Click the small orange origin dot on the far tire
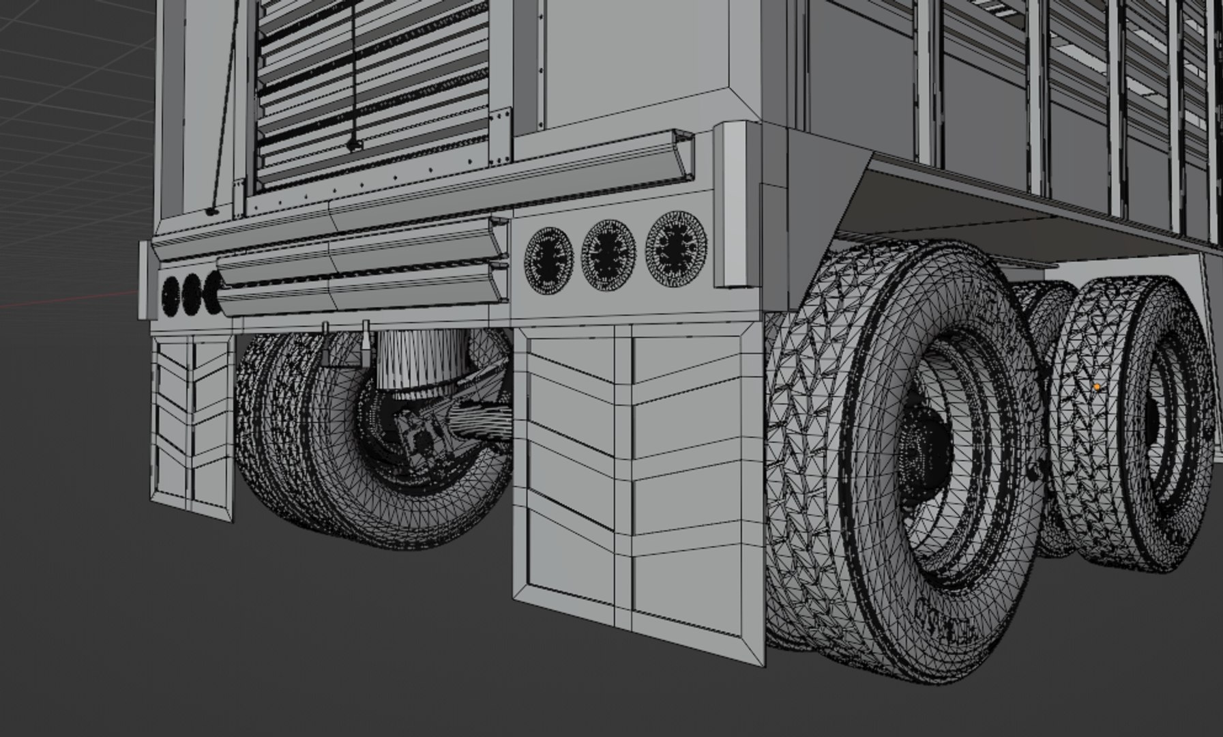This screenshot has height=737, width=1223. point(1096,387)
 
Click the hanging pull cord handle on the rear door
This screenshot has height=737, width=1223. point(353,145)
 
